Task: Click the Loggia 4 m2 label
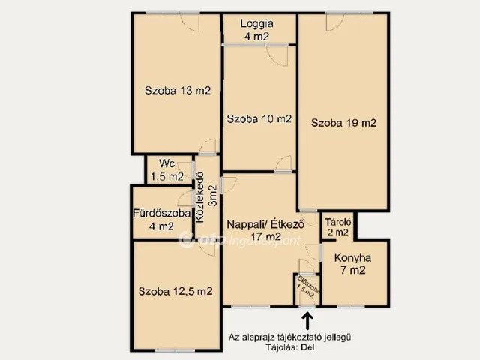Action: tap(256, 30)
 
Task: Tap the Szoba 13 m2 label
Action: tap(178, 91)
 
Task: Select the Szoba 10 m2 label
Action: tap(259, 118)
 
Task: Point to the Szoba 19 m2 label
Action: tap(343, 123)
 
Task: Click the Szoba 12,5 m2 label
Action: tap(175, 291)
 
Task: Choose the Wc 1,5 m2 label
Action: tap(166, 170)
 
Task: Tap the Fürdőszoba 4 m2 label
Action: tap(162, 220)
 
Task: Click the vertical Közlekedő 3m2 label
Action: tap(207, 196)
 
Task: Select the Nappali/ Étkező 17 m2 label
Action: tap(265, 230)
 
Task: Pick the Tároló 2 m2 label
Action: tap(338, 226)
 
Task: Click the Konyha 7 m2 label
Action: tap(353, 263)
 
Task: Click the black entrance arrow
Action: tap(307, 320)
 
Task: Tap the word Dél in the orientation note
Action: tap(307, 347)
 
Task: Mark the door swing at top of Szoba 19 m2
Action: tap(335, 22)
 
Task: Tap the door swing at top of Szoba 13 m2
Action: tap(190, 22)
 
